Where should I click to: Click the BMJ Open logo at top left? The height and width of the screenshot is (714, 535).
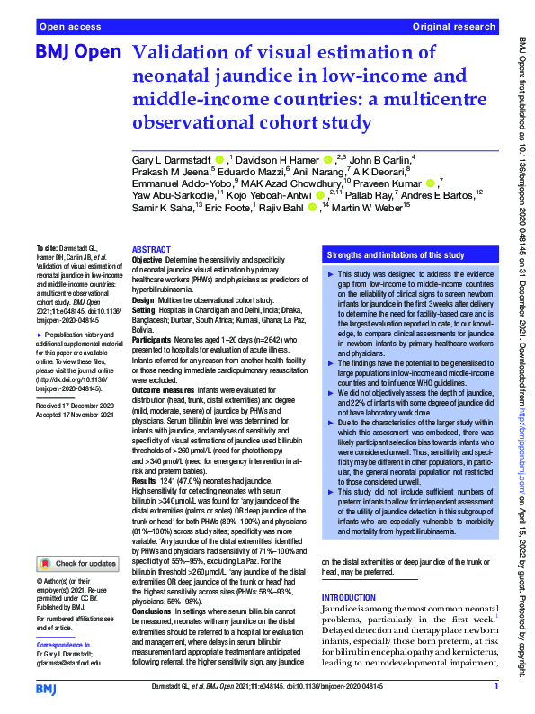pos(77,53)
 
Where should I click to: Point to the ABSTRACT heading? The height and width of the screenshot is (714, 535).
pos(150,249)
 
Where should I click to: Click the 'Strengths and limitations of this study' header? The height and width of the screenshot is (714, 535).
pos(395,254)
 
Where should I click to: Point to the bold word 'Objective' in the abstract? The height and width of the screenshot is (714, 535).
pos(149,259)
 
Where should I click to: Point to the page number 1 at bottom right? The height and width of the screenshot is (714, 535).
pos(495,688)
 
